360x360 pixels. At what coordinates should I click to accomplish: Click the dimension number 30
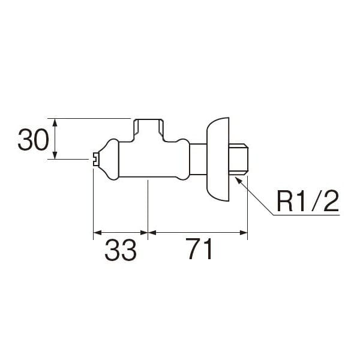click(x=33, y=139)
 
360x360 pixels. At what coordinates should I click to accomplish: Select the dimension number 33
click(x=121, y=250)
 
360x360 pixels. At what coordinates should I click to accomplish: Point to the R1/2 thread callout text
click(x=308, y=201)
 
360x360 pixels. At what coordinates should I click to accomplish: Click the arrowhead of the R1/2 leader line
click(x=239, y=180)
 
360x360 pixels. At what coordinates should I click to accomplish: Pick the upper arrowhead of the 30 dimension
click(x=55, y=122)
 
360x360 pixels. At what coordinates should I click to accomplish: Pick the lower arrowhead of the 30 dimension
click(x=55, y=155)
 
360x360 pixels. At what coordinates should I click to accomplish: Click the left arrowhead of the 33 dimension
click(x=97, y=233)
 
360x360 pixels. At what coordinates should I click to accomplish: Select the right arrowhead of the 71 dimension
click(x=244, y=233)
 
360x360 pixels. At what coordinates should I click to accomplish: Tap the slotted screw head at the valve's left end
click(x=96, y=159)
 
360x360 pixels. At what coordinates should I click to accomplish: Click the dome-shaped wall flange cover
click(x=218, y=160)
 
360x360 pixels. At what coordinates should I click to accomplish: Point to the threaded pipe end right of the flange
click(x=239, y=160)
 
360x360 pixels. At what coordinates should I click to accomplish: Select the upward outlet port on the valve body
click(x=149, y=130)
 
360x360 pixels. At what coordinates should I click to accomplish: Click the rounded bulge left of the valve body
click(x=109, y=160)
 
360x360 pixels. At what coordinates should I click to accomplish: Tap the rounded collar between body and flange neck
click(x=183, y=160)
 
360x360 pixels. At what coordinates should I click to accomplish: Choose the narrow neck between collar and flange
click(x=198, y=160)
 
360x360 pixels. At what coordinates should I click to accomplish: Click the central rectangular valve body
click(x=148, y=160)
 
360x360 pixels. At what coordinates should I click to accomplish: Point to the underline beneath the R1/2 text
click(x=307, y=215)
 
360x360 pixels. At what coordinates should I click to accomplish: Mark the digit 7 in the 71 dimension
click(x=193, y=248)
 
